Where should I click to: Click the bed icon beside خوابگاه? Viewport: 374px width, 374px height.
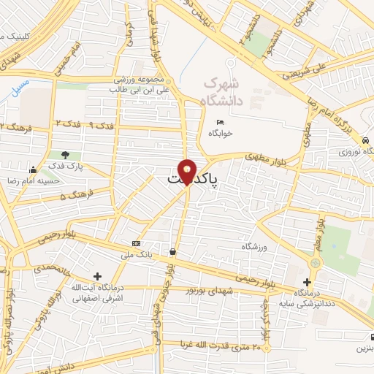click(219, 122)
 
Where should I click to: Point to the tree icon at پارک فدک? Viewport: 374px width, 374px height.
click(66, 155)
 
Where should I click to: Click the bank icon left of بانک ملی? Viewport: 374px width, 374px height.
click(136, 243)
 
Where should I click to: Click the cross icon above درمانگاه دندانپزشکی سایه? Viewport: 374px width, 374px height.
click(307, 282)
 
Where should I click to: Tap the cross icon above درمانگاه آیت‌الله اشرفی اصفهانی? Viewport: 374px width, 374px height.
click(98, 275)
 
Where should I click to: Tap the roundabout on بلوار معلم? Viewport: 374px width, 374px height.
click(316, 262)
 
